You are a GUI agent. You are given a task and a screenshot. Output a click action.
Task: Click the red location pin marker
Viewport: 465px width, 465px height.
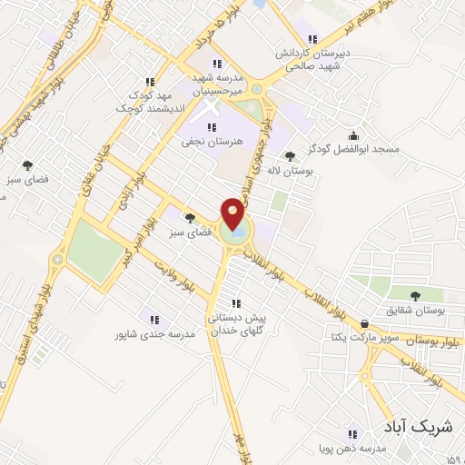point(233,215)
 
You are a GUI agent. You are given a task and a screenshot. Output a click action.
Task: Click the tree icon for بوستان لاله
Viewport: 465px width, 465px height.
point(290,156)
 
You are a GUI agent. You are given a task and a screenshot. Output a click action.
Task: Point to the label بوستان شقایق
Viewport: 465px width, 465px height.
point(418,311)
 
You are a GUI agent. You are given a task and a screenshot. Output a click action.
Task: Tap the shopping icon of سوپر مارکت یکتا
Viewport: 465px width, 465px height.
point(364,323)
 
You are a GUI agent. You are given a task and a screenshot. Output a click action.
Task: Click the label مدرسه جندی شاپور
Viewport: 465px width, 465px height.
point(153,335)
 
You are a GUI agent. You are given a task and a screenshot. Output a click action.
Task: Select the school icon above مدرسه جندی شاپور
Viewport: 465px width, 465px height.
point(153,321)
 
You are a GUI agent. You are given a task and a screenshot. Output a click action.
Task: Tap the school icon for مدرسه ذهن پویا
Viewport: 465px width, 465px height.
point(353,433)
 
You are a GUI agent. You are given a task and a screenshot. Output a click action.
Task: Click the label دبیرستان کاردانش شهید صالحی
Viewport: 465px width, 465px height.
point(313,59)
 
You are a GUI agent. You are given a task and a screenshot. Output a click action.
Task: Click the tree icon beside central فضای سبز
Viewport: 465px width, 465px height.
point(190,218)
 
